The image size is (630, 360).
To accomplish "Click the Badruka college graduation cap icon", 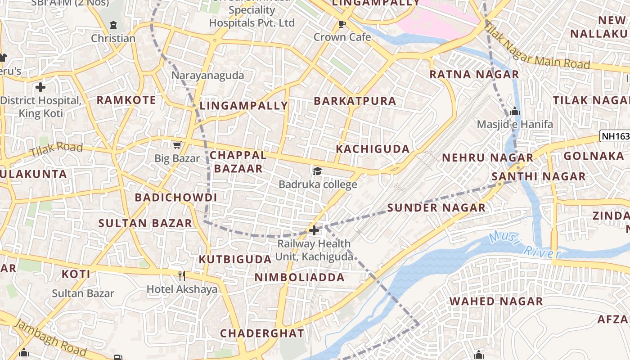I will [318, 171].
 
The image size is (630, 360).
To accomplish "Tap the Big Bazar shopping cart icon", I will [177, 145].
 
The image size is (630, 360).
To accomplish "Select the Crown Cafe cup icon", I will [342, 24].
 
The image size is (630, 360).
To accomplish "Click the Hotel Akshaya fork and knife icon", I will [182, 275].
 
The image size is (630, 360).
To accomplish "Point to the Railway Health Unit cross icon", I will [314, 230].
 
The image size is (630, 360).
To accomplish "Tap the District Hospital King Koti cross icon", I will [40, 87].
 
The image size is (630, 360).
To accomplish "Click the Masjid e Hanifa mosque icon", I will [515, 111].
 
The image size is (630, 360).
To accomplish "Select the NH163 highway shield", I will [616, 136].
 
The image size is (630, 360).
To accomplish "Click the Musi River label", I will [525, 246].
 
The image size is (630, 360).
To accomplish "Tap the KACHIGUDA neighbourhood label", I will [373, 149].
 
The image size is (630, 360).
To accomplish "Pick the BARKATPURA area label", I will [355, 101].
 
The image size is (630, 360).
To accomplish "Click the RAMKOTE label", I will [126, 100].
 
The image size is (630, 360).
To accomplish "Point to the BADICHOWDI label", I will [176, 198].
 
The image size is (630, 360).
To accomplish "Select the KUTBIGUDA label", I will [235, 260].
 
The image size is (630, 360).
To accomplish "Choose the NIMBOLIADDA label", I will [300, 277].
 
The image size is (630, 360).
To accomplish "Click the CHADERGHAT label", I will [262, 333].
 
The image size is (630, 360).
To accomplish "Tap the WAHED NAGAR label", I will [496, 301].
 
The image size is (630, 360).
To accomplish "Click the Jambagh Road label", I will [50, 337].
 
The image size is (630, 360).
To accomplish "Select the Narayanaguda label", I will [207, 75].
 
